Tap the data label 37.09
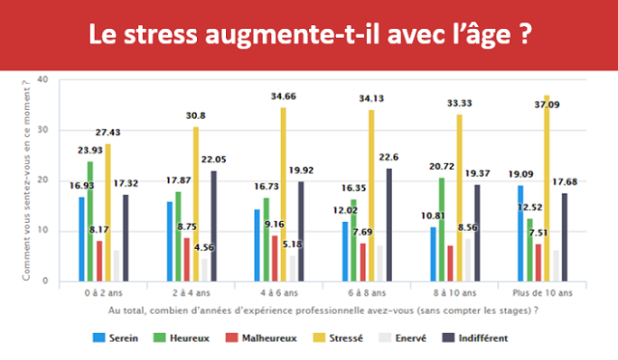[547, 88]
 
